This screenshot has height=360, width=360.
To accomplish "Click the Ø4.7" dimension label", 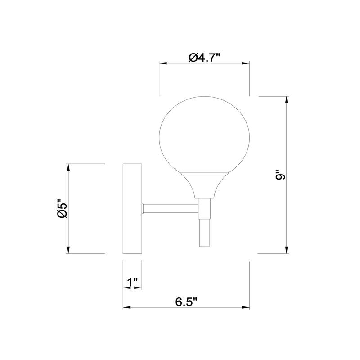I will [x=204, y=57].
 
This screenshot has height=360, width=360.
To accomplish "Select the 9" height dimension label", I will [x=281, y=175].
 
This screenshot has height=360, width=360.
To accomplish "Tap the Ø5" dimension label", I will [x=62, y=209].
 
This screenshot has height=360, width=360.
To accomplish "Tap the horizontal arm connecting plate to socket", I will [x=171, y=209].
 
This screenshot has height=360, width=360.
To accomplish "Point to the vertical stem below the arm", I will [x=204, y=232].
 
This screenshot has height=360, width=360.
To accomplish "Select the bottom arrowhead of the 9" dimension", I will [x=287, y=250].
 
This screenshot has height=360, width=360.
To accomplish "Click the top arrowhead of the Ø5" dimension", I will [x=68, y=168].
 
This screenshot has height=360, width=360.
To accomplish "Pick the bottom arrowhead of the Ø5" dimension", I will [x=68, y=250].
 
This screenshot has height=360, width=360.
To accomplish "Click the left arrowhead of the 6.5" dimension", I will [x=127, y=308].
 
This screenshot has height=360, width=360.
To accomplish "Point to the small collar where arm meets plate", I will [x=143, y=209].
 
